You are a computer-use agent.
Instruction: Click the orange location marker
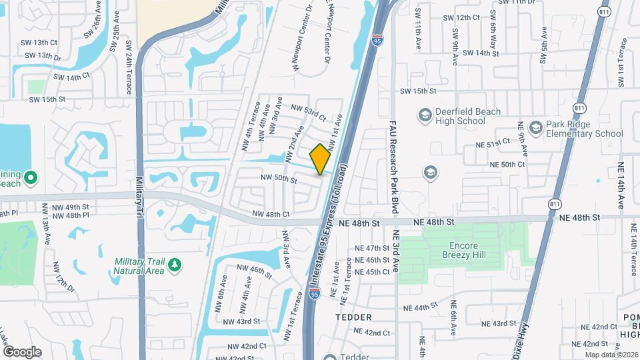coord(321,159)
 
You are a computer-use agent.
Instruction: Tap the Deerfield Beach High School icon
coord(424,116)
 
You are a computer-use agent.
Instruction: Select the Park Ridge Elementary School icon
coord(535,127)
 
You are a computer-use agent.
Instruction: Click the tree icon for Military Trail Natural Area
coord(175,265)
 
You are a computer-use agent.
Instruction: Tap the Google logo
coord(21,351)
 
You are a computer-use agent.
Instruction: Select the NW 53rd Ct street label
coord(308,112)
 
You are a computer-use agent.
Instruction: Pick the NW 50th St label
coord(279,179)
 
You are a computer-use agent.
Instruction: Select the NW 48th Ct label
coord(271,214)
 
